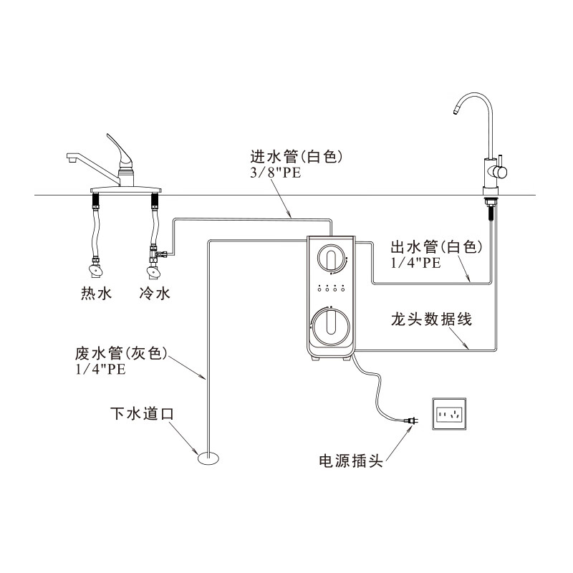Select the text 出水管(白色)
(x=436, y=248)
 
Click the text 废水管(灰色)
(x=121, y=354)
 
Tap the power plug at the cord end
(x=410, y=423)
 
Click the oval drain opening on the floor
(x=210, y=458)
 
